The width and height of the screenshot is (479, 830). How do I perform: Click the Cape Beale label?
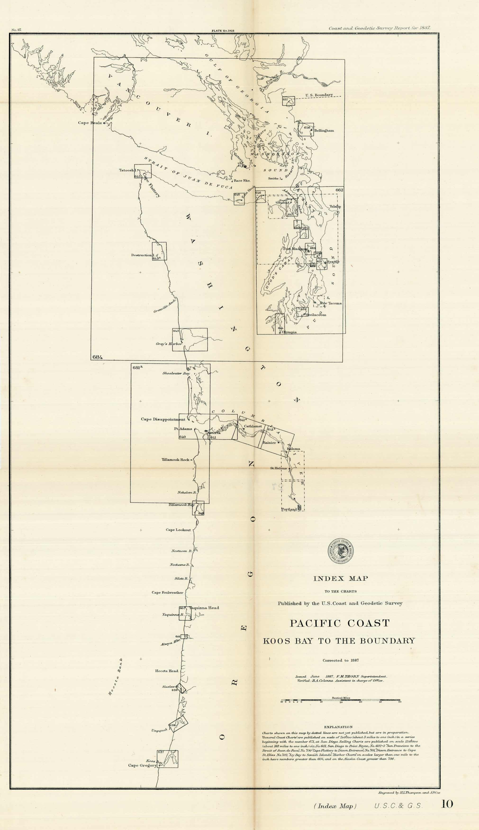pyautogui.click(x=90, y=123)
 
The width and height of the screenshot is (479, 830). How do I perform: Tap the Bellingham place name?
pyautogui.click(x=324, y=130)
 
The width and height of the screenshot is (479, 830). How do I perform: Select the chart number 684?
pyautogui.click(x=98, y=357)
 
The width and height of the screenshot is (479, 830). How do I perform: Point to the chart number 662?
pyautogui.click(x=339, y=190)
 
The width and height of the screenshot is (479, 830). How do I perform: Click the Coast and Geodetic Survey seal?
pyautogui.click(x=341, y=551)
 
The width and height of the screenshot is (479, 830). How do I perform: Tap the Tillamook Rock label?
pyautogui.click(x=175, y=460)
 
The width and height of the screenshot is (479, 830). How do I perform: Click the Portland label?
pyautogui.click(x=289, y=509)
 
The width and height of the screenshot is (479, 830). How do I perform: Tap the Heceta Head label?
pyautogui.click(x=167, y=671)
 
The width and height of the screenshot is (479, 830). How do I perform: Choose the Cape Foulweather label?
pyautogui.click(x=167, y=592)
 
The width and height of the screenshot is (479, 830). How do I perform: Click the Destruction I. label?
pyautogui.click(x=141, y=255)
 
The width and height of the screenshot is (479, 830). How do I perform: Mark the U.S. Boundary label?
pyautogui.click(x=319, y=95)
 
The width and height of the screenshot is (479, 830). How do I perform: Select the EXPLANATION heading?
pyautogui.click(x=338, y=727)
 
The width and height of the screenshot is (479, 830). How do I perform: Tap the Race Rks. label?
pyautogui.click(x=242, y=180)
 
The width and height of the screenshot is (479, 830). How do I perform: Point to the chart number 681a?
pyautogui.click(x=137, y=367)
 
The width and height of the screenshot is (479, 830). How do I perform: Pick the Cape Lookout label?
pyautogui.click(x=178, y=530)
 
